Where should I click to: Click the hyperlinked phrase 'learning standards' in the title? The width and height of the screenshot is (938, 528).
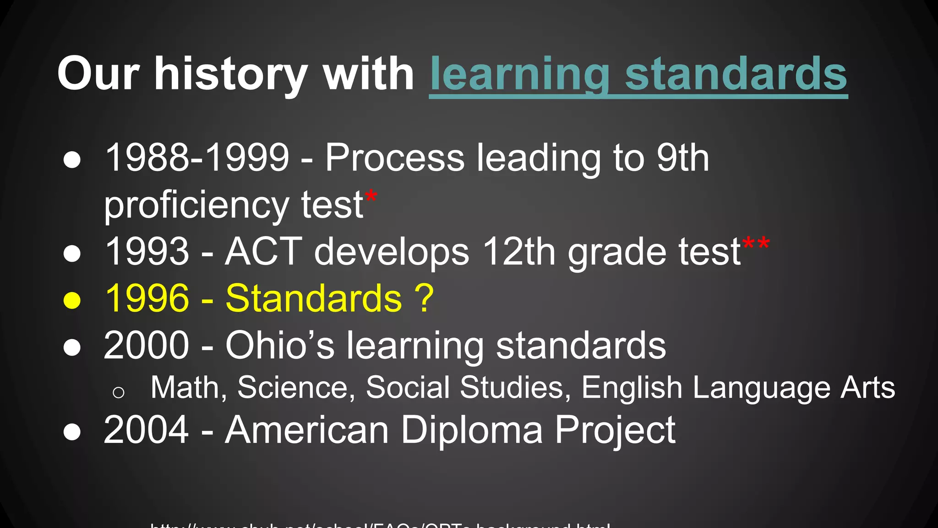pos(638,74)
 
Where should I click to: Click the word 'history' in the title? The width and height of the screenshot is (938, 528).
pos(231,74)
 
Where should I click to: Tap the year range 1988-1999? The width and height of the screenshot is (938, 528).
pos(197,158)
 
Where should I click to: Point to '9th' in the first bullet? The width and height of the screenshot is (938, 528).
pos(682,158)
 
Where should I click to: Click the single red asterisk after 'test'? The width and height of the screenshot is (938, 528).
pos(371,197)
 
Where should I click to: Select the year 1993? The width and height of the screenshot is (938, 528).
pos(147,252)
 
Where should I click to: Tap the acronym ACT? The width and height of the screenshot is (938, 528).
pos(263,252)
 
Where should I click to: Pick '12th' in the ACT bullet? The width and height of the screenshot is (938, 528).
pos(519,252)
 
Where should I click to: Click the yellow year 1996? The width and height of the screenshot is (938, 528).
pos(147,298)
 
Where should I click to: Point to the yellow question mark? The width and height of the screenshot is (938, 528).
pos(424,298)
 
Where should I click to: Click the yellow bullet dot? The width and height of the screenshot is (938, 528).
pos(72,301)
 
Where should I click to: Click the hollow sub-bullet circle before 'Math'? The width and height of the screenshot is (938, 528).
pos(119,392)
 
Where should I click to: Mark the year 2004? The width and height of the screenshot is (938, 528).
pos(147,430)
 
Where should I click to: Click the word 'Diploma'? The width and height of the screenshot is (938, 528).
pos(472,430)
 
